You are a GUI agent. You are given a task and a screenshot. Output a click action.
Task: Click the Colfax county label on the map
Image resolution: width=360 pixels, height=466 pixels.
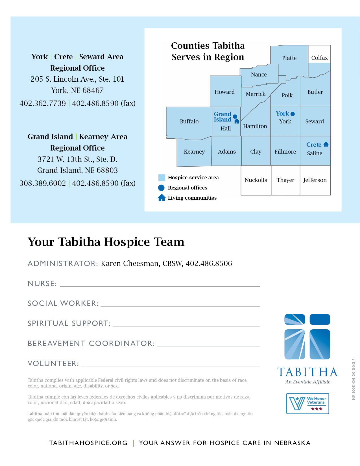click(x=319, y=58)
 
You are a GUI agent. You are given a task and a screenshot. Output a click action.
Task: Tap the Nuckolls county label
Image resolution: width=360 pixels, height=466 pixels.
click(x=256, y=180)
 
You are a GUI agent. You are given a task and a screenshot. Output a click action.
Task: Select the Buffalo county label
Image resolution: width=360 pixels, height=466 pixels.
click(x=189, y=121)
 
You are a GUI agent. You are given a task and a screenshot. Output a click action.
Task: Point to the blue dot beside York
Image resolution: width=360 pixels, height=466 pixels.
click(x=293, y=114)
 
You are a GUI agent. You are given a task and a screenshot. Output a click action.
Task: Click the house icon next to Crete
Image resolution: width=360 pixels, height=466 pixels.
click(x=326, y=144)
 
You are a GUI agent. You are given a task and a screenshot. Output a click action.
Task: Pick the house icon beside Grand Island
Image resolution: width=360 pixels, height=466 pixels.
click(x=237, y=121)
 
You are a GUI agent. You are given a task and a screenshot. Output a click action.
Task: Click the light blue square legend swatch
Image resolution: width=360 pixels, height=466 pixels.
click(x=162, y=178)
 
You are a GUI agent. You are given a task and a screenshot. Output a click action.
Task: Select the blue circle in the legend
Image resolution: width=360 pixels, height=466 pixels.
click(x=161, y=188)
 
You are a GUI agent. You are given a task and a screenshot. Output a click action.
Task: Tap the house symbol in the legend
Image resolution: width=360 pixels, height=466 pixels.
click(x=162, y=198)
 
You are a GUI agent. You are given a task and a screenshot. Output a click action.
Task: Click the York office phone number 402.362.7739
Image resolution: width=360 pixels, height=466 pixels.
click(x=43, y=103)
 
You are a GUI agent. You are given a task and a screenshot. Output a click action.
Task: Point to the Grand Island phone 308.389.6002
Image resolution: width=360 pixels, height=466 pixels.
click(x=43, y=183)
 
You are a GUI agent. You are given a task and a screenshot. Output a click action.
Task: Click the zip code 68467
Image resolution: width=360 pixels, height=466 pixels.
click(x=93, y=90)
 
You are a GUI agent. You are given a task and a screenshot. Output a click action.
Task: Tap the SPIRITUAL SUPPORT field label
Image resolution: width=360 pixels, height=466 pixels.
click(x=69, y=323)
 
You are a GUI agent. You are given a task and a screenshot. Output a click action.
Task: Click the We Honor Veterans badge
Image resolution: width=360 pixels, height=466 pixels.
click(x=307, y=403)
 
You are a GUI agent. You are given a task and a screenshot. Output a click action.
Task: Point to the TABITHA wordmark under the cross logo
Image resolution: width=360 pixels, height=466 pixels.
click(x=307, y=372)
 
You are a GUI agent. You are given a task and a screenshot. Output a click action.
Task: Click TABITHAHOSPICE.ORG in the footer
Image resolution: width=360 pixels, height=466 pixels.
click(x=88, y=443)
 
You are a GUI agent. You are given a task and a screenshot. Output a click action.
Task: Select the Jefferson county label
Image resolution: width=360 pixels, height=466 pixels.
click(x=315, y=180)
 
